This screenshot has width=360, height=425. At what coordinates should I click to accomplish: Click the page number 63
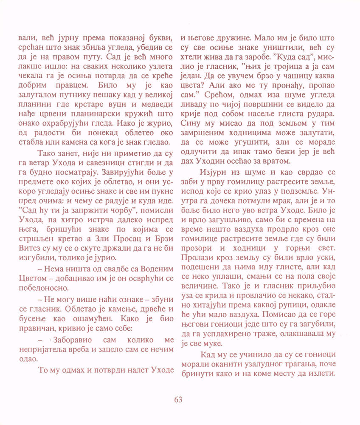point(178,399)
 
